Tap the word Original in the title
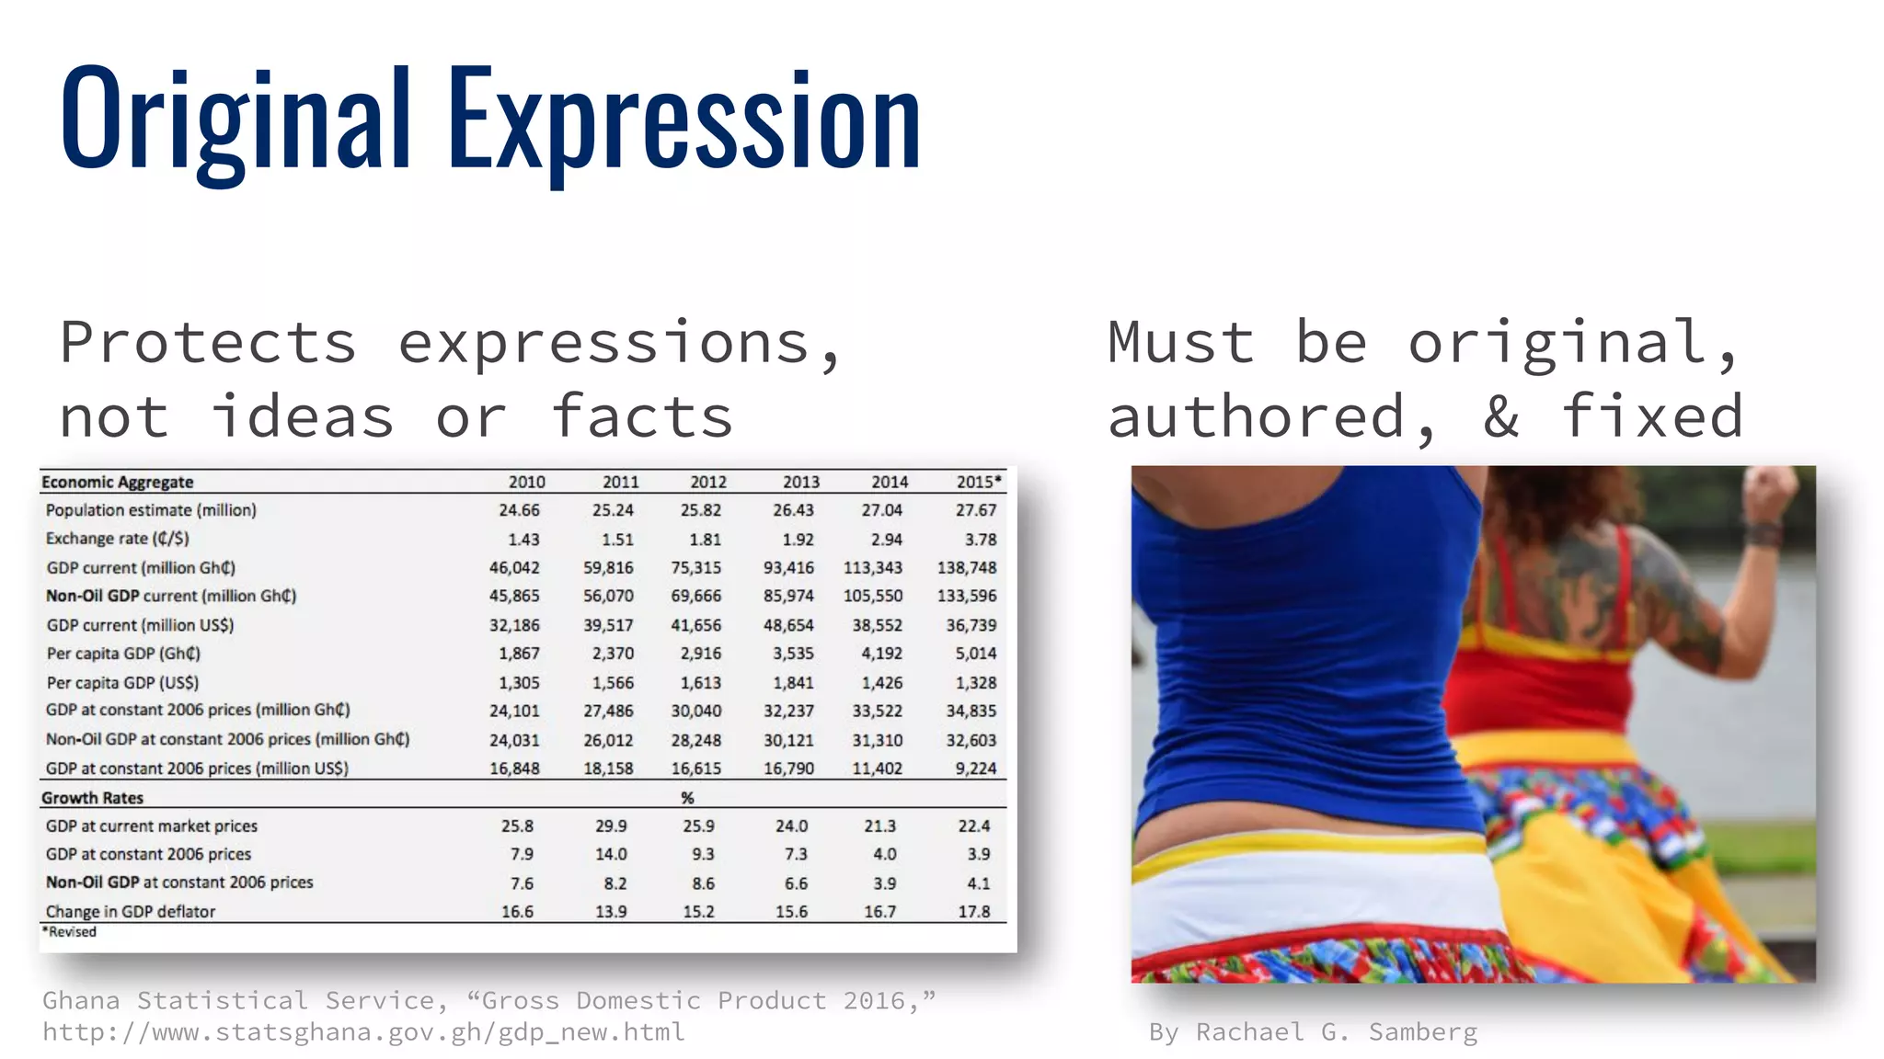[x=235, y=120]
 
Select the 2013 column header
[x=800, y=482]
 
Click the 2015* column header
[x=978, y=482]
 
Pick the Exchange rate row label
[x=117, y=539]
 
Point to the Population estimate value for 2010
[x=519, y=510]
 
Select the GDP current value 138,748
[x=966, y=568]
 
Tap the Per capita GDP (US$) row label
[x=122, y=683]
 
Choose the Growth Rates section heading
[x=92, y=798]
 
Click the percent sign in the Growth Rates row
[x=687, y=798]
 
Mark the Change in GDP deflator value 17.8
[x=973, y=912]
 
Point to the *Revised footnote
[x=69, y=932]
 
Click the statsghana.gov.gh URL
[x=363, y=1032]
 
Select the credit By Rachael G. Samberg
[x=1313, y=1032]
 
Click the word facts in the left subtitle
[x=641, y=417]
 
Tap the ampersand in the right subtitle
[x=1500, y=417]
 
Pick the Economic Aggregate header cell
[x=117, y=482]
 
